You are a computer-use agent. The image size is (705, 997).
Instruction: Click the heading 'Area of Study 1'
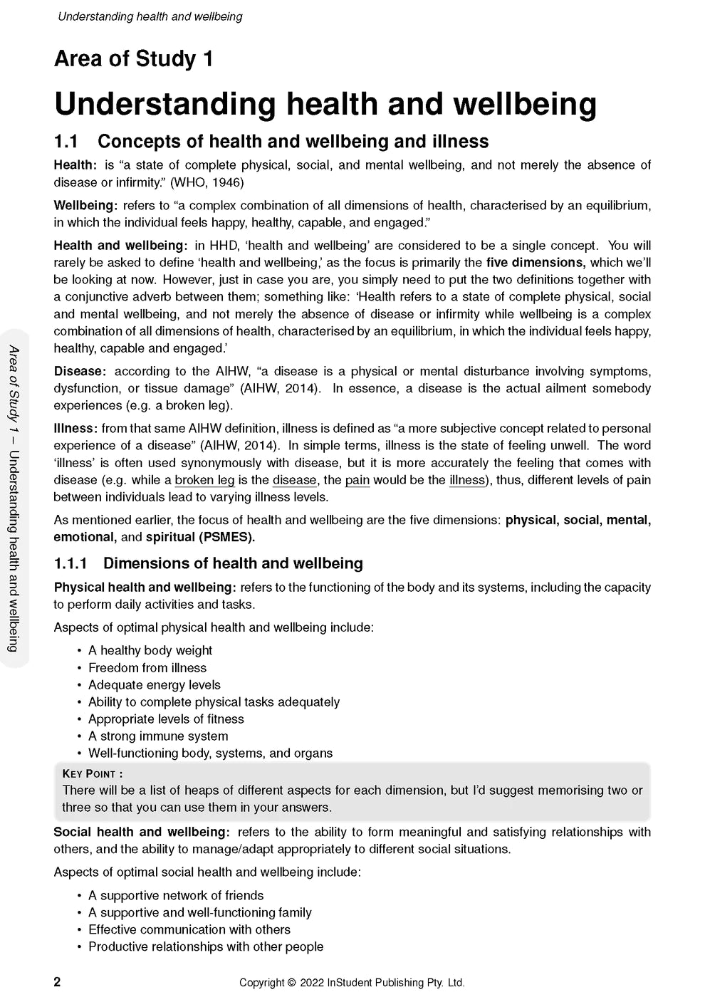pos(133,58)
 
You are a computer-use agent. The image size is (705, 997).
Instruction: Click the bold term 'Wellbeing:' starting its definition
pos(85,206)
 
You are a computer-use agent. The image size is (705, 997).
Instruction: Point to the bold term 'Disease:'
pos(80,371)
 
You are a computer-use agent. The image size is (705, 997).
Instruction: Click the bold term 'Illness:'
pos(75,429)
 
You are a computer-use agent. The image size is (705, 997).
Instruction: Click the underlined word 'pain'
pos(357,480)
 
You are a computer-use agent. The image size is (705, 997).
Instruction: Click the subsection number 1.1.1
pos(70,563)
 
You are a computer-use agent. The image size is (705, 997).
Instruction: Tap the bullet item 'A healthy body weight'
pos(150,650)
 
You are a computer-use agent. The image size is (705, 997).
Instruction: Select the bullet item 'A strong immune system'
pos(158,736)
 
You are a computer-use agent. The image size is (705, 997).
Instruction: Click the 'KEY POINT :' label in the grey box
pos(93,773)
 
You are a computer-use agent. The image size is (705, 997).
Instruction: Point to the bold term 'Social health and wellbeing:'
pos(142,832)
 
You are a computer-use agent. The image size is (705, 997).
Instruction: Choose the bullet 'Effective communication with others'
pos(189,929)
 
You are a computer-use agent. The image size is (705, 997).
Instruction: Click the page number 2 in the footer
pos(58,982)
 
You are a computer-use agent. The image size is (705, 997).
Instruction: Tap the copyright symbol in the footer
pos(291,983)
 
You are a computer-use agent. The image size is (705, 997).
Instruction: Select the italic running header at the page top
pos(150,16)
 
